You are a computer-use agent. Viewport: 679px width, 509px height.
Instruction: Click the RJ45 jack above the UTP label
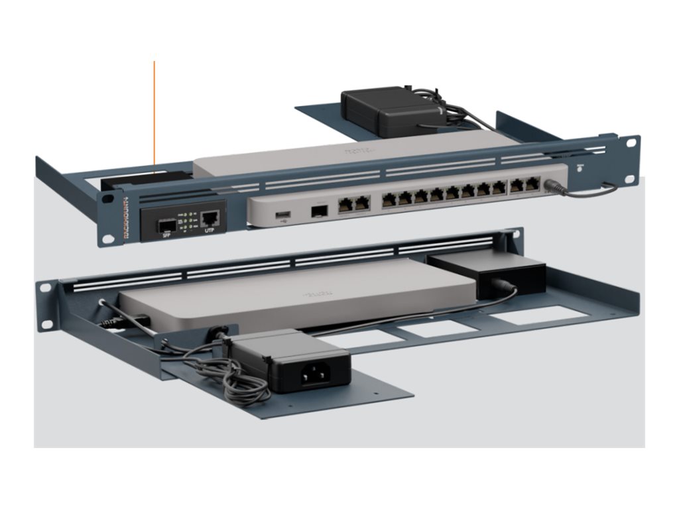tap(210, 216)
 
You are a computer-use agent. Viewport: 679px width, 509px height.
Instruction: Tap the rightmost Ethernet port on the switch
tap(532, 185)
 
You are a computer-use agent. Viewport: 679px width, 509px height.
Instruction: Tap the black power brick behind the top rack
tap(381, 109)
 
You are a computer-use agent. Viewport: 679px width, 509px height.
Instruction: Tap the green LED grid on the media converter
tap(188, 221)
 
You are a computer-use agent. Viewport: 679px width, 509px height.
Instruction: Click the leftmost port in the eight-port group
tap(389, 198)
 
